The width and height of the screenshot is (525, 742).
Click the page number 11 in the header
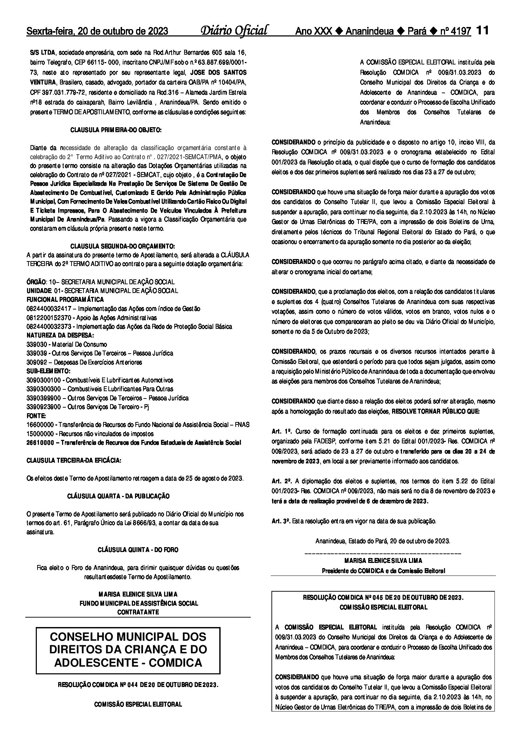[482, 30]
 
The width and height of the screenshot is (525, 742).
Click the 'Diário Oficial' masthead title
[234, 30]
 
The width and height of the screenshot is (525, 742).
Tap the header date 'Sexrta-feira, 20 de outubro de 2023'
[97, 32]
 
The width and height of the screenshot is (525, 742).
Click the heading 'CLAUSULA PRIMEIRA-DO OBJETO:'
[116, 130]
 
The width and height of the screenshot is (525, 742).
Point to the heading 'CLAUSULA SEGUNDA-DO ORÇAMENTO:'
[123, 246]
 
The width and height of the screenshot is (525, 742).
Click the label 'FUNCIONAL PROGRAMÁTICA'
[65, 299]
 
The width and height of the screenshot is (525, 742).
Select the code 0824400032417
[49, 308]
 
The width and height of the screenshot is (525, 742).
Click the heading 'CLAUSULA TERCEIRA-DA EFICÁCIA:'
[74, 461]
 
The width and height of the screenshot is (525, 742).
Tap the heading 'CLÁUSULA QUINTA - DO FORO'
[138, 550]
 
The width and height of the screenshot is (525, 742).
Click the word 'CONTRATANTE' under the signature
[138, 612]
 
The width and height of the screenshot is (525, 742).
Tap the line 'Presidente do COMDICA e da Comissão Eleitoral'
[383, 571]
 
